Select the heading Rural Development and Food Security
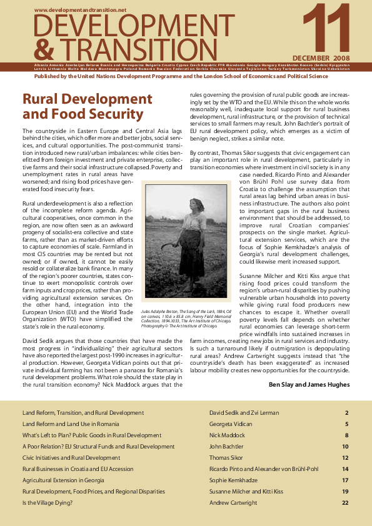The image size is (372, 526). [87, 107]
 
